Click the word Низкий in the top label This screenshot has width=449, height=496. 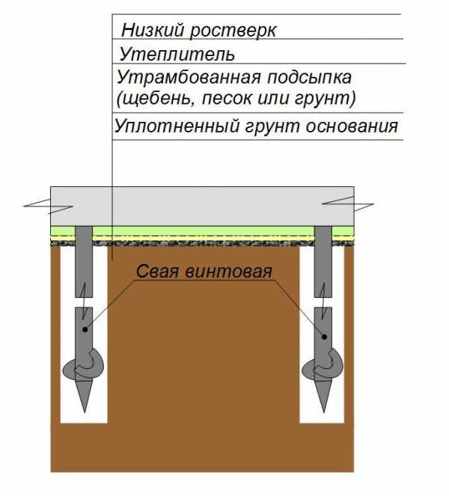pos(153,30)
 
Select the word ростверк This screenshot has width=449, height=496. pos(233,31)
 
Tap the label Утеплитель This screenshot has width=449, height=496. pos(177,55)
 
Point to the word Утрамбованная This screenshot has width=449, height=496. pos(189,78)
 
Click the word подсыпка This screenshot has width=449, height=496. pos(310,78)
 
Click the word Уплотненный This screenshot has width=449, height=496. pos(177,126)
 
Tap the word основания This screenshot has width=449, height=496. pos(352,126)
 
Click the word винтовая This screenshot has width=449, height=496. pos(228,272)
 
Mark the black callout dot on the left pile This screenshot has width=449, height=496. pos(85,330)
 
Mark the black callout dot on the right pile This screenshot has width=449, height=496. pos(324,337)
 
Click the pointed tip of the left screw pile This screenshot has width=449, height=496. pos(85,412)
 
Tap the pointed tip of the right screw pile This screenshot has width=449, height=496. pos(324,412)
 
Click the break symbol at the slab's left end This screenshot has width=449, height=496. pos(49,206)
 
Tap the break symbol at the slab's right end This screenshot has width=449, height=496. pos(348,203)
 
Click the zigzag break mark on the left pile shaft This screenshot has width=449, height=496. pos(84,301)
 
